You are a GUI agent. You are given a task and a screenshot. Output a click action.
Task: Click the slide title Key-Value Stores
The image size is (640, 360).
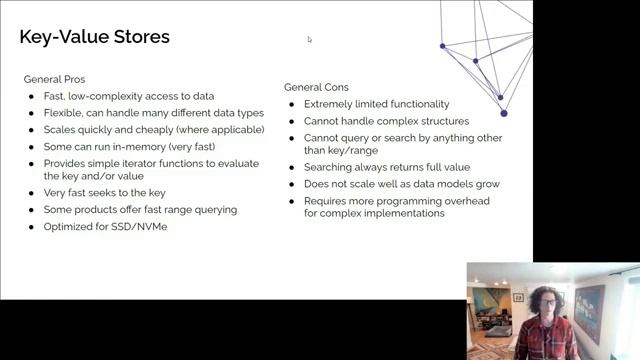pos(95,38)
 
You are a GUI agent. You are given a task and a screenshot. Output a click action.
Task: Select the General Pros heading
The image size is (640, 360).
pos(53,79)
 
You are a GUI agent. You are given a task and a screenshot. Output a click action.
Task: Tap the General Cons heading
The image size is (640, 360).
pos(316,87)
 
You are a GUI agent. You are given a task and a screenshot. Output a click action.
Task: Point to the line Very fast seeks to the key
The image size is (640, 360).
pos(104,193)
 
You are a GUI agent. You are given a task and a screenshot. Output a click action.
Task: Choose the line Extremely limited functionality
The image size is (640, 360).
pos(376,104)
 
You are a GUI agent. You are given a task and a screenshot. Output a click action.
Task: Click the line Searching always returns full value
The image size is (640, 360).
pos(387,167)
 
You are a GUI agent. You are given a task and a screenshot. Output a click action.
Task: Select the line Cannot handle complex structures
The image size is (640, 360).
pos(386,121)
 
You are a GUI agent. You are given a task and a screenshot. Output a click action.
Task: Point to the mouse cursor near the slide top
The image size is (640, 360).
pos(310,40)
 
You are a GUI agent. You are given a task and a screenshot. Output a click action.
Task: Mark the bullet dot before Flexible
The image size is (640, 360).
pos(33,113)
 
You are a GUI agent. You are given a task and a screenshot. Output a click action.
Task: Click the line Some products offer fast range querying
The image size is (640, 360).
pos(140,209)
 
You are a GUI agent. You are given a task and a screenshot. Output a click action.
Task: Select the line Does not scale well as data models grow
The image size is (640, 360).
pos(402,184)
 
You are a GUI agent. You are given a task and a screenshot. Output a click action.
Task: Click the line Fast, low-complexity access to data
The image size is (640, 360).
pos(129,96)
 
